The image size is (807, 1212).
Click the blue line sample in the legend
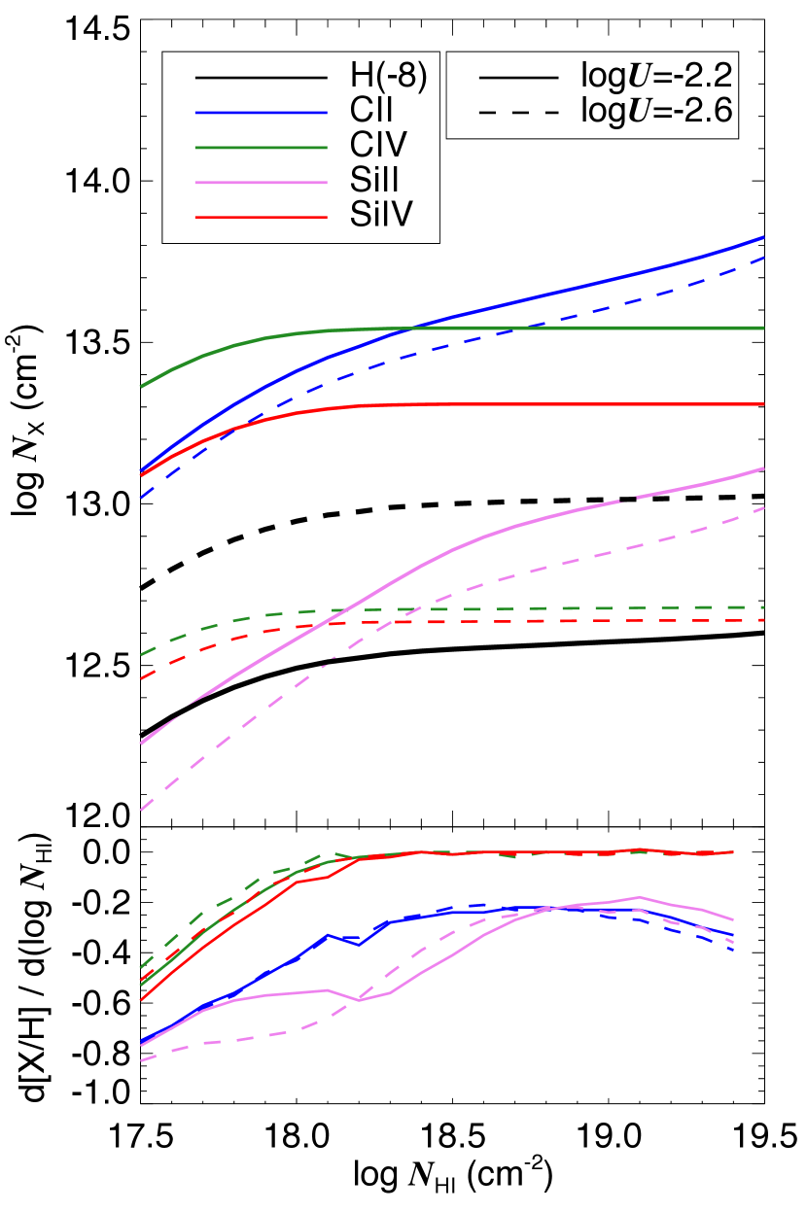pyautogui.click(x=261, y=113)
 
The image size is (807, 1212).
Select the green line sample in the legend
pyautogui.click(x=261, y=148)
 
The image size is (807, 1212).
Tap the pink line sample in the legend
pyautogui.click(x=261, y=183)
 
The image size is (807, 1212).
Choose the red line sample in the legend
pyautogui.click(x=261, y=217)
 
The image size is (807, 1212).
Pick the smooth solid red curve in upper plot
pyautogui.click(x=583, y=404)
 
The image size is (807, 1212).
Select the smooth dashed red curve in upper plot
pyautogui.click(x=583, y=620)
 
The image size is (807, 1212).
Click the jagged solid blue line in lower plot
pyautogui.click(x=296, y=957)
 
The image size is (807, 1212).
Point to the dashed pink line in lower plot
pyautogui.click(x=243, y=1037)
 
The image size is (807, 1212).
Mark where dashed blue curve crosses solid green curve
pyautogui.click(x=530, y=328)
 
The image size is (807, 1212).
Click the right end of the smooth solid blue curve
pyautogui.click(x=763, y=237)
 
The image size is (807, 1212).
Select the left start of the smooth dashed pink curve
pyautogui.click(x=142, y=809)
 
